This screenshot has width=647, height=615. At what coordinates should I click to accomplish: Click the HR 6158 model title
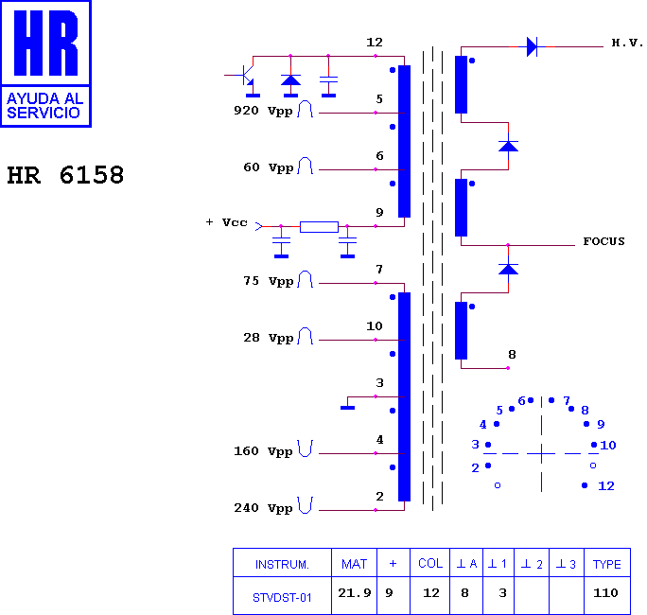coord(65,175)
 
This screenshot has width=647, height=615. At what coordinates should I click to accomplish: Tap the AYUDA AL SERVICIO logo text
coord(45,106)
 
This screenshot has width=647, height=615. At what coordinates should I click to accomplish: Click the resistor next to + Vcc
coord(319,226)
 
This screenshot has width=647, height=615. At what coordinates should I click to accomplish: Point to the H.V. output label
coord(627,43)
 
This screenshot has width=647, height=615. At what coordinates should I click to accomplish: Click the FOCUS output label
coord(603,241)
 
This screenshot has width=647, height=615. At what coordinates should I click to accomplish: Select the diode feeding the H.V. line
coord(533,46)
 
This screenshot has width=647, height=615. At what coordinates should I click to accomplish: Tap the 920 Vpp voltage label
coord(264,111)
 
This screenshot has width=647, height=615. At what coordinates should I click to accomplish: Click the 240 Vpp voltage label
coord(264,508)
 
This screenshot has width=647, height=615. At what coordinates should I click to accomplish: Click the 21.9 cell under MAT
coord(355,593)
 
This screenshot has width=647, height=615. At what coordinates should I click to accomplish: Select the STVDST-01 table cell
coord(282,598)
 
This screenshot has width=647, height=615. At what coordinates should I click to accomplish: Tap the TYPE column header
coord(606,564)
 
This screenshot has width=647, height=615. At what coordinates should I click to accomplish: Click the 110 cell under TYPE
coord(605,593)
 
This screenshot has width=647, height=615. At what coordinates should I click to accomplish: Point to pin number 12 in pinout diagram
coord(606,485)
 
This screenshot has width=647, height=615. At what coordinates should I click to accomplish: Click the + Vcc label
coord(226,222)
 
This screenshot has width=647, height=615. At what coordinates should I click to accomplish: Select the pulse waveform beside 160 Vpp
coord(306,448)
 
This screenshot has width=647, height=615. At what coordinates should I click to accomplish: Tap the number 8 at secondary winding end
coord(512,355)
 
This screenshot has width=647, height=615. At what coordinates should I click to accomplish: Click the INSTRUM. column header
coord(282,564)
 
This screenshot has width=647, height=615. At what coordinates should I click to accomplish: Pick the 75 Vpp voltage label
coord(269,281)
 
